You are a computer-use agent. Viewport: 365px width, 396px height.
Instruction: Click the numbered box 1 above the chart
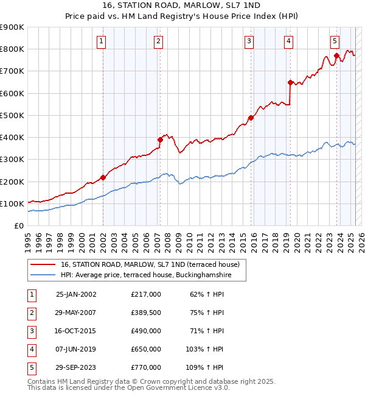pyautogui.click(x=101, y=41)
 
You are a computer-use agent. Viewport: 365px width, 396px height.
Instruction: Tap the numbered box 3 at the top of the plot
pyautogui.click(x=249, y=41)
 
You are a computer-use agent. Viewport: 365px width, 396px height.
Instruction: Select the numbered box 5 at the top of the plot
pyautogui.click(x=335, y=41)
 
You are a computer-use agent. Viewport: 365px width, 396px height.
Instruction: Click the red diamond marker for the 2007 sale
pyautogui.click(x=161, y=140)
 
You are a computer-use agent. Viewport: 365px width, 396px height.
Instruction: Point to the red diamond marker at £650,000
pyautogui.click(x=290, y=82)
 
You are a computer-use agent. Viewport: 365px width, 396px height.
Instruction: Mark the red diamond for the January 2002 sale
pyautogui.click(x=103, y=178)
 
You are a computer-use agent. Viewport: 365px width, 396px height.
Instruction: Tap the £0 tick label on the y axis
pyautogui.click(x=18, y=225)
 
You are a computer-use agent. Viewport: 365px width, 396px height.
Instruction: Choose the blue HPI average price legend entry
pyautogui.click(x=152, y=275)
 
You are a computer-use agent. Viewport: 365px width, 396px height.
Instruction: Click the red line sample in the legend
pyautogui.click(x=43, y=264)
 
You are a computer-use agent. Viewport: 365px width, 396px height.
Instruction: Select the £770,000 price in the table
pyautogui.click(x=146, y=367)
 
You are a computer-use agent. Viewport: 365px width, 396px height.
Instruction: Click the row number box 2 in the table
pyautogui.click(x=32, y=313)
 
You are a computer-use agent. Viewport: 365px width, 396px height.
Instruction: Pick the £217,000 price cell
pyautogui.click(x=146, y=294)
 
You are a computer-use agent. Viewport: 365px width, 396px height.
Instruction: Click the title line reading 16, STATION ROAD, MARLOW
pyautogui.click(x=182, y=5)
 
